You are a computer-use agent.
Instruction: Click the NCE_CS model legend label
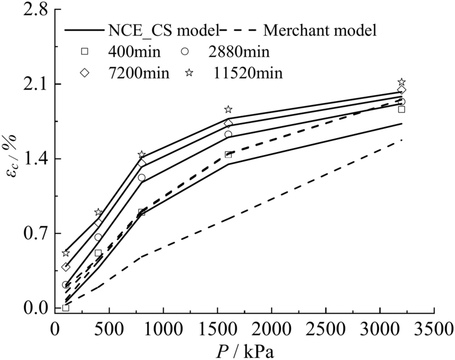pos(160,29)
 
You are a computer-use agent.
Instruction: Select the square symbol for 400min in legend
pos(84,52)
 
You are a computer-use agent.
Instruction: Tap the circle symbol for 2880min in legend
pos(186,52)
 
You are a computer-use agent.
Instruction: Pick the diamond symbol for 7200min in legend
pos(84,73)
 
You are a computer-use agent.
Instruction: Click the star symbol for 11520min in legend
pos(186,73)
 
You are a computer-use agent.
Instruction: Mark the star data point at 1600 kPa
pos(228,110)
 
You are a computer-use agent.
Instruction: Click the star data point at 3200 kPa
pos(402,82)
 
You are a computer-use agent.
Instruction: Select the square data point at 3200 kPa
pos(402,110)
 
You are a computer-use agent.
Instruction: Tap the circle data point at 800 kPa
pos(142,177)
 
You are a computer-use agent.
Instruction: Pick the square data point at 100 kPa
pos(66,308)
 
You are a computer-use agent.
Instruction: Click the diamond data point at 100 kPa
pos(66,267)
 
